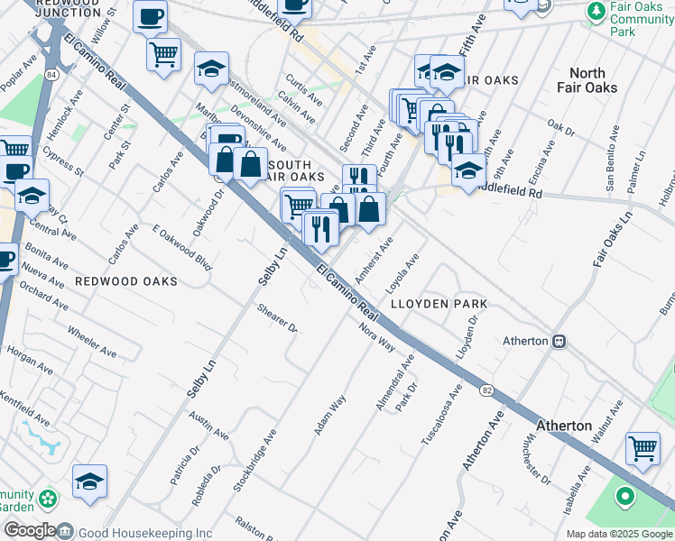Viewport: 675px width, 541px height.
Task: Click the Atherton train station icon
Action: tap(559, 341)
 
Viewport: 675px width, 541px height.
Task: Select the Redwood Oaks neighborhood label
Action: tap(126, 281)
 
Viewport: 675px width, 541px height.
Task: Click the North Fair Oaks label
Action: tap(594, 80)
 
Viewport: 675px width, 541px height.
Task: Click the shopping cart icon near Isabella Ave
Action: tap(642, 447)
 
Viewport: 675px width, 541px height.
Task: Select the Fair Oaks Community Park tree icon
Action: tap(596, 12)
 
